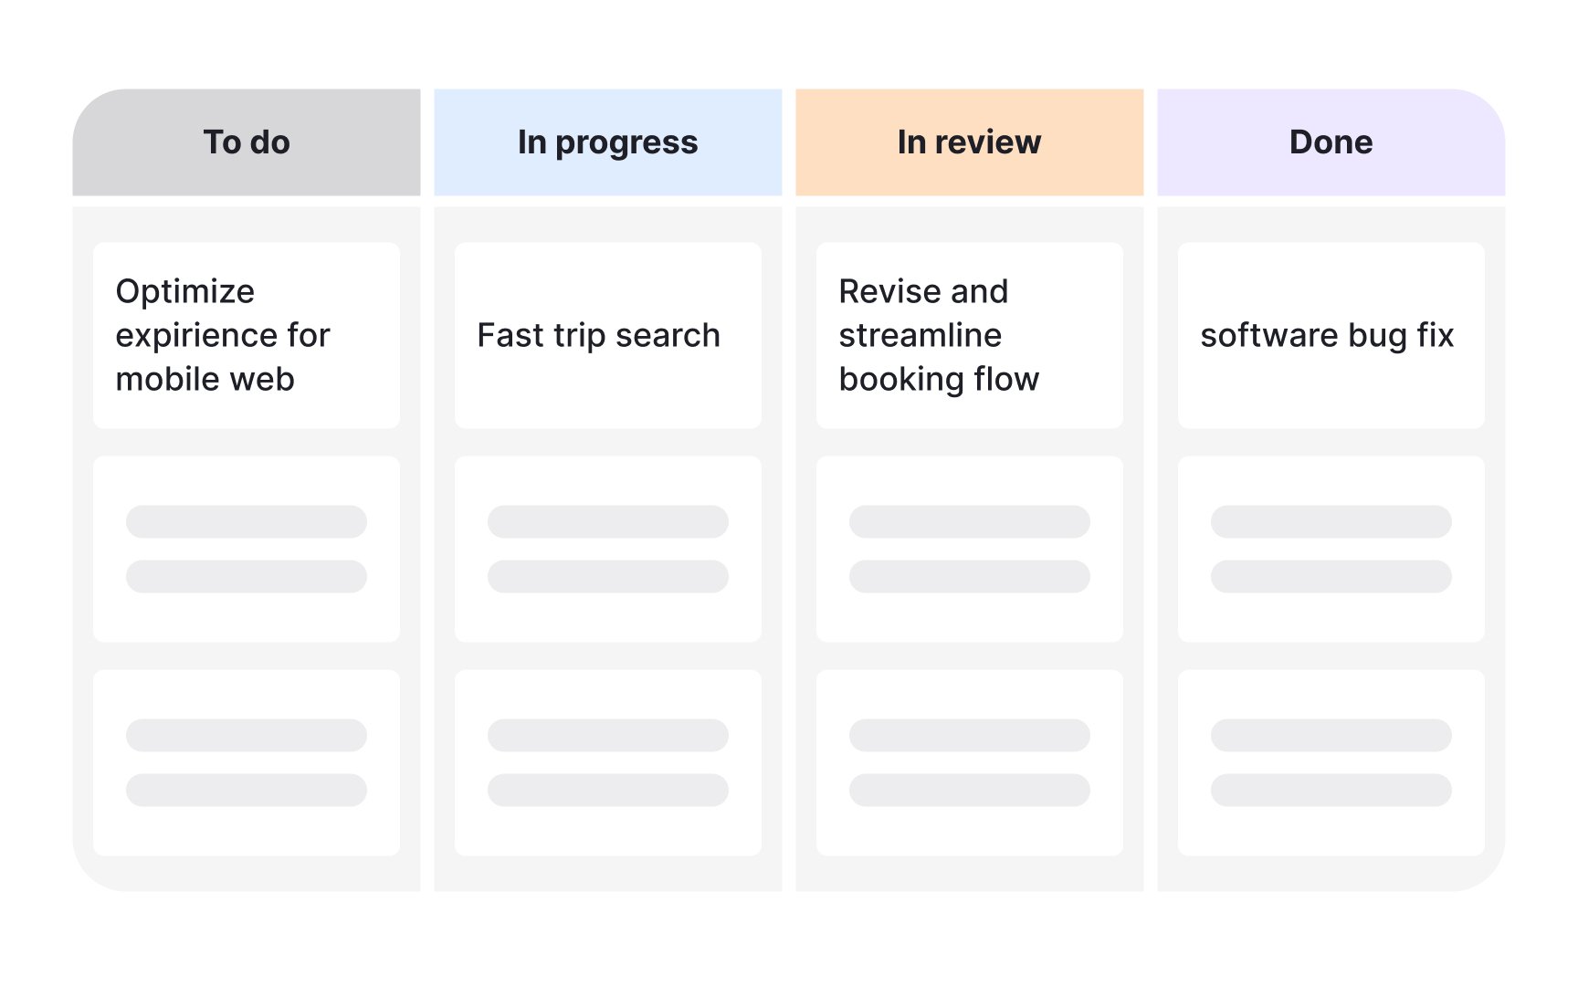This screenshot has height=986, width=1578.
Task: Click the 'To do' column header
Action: [247, 142]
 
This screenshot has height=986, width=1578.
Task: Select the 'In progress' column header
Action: [608, 142]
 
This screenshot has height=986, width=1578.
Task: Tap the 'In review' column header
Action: [970, 142]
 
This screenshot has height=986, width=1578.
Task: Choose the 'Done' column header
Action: [1331, 142]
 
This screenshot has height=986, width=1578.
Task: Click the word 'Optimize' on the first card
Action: [185, 292]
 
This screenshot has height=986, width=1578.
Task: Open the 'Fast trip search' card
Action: [608, 335]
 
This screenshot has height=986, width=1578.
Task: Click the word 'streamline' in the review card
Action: [920, 335]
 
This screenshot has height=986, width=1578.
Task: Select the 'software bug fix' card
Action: [1331, 335]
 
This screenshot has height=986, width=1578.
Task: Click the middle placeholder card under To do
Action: [247, 549]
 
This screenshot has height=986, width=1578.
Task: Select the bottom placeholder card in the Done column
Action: [1331, 762]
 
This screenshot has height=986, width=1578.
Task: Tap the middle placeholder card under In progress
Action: [608, 549]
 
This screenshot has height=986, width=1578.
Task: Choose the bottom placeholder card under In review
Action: [970, 762]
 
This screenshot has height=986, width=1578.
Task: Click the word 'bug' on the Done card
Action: [1377, 337]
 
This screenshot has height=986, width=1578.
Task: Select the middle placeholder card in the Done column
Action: [1331, 549]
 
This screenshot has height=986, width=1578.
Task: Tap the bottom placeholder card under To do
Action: [247, 762]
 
